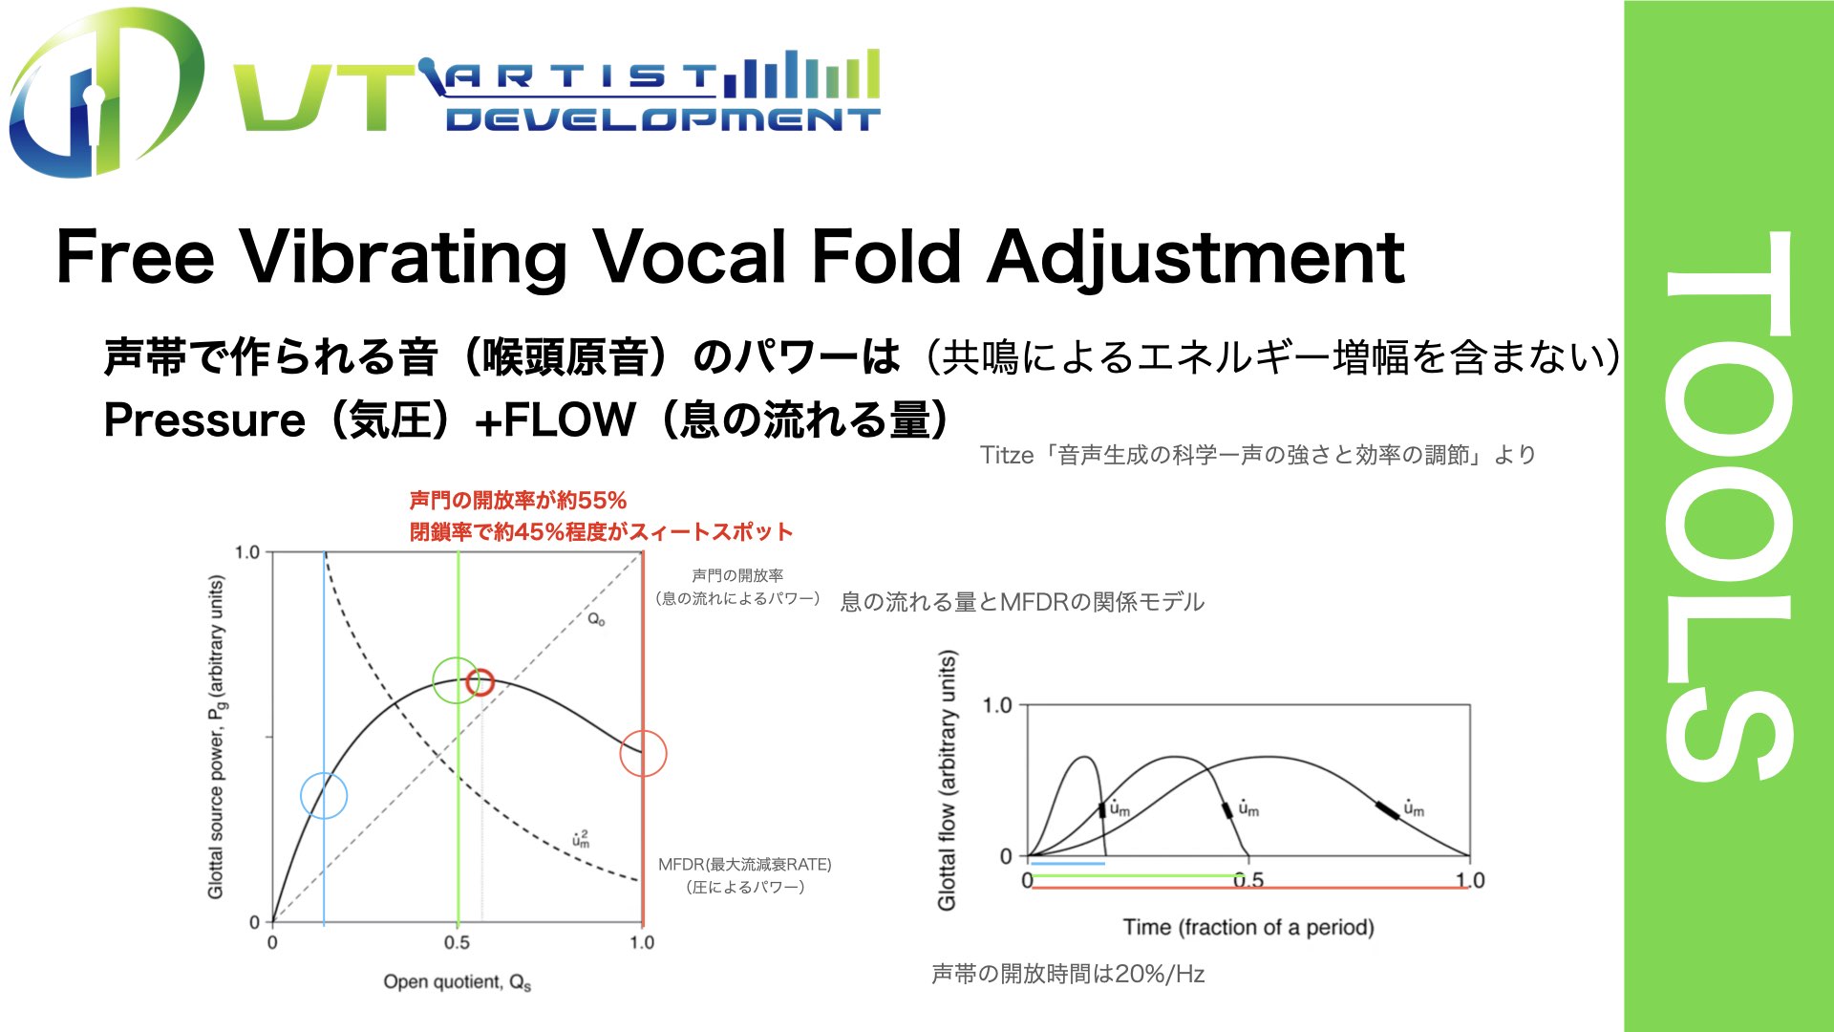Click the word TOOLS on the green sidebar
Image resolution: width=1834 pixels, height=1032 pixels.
(1729, 506)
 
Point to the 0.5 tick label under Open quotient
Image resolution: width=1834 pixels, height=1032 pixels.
(457, 943)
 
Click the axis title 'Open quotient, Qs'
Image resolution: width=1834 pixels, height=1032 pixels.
(458, 982)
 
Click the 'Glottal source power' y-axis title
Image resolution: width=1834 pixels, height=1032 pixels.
(217, 737)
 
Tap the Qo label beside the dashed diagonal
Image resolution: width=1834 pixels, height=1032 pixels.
(596, 619)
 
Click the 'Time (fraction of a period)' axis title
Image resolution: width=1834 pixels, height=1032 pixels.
(1248, 927)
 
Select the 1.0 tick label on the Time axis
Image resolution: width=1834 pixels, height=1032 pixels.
(1470, 880)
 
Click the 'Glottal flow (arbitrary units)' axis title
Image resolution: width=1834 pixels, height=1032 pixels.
(947, 780)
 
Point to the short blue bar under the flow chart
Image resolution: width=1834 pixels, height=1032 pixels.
(1067, 864)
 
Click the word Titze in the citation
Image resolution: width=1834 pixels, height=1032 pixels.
(1007, 455)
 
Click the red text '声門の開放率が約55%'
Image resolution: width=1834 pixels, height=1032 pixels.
(518, 501)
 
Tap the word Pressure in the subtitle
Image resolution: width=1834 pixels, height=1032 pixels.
(204, 420)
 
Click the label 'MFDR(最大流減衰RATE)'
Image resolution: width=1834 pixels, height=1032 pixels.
(745, 864)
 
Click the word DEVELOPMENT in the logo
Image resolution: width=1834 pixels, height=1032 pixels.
(662, 118)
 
